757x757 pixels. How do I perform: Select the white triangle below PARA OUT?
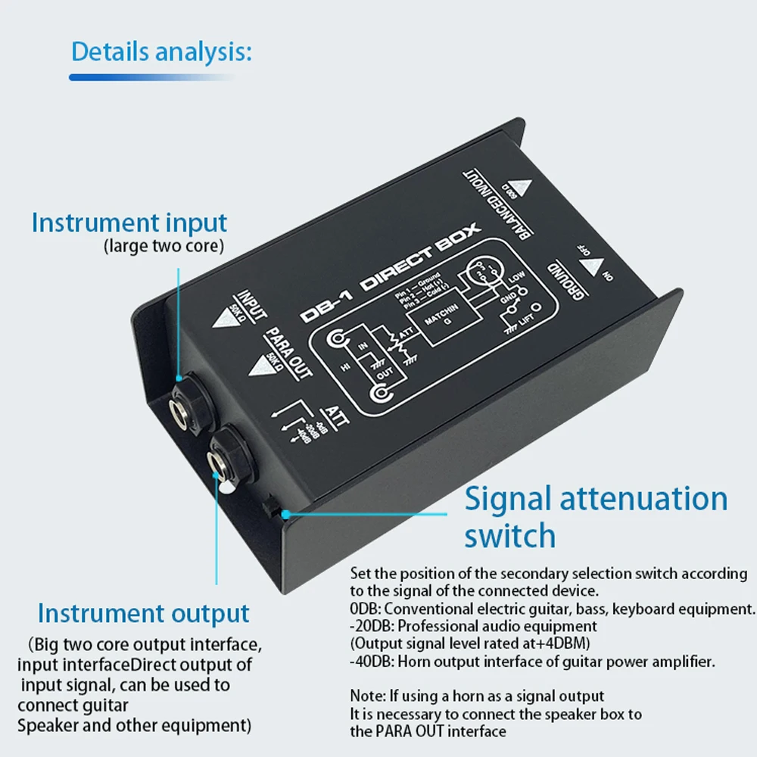click(260, 366)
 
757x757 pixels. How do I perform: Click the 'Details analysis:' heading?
click(160, 52)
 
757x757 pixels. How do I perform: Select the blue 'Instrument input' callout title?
click(129, 223)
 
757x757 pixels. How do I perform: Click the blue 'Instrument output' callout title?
click(143, 613)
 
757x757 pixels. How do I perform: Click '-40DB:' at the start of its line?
click(371, 661)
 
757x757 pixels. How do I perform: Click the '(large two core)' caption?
click(163, 245)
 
